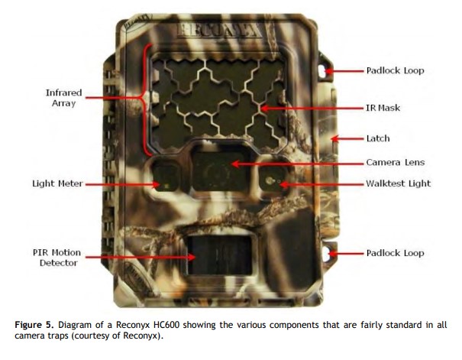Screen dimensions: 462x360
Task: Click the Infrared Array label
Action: coord(63,98)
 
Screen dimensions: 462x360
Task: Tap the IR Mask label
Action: coord(383,108)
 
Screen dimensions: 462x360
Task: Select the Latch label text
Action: coord(378,138)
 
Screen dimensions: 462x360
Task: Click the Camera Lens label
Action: coord(395,162)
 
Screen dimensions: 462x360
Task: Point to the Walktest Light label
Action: coord(398,183)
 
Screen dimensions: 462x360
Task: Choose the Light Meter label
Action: coord(57,183)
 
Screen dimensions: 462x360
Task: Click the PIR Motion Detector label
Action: coord(57,258)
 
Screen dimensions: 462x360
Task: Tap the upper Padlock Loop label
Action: coord(395,70)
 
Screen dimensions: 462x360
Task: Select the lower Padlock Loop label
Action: coord(395,253)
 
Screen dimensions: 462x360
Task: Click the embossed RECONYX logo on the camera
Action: coord(219,31)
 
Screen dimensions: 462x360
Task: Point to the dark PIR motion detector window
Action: coord(219,255)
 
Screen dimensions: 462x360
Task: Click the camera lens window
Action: coord(219,172)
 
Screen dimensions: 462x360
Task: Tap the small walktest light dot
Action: coord(269,180)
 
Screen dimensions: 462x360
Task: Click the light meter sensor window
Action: coord(166,177)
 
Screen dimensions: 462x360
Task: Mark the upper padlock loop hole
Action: coord(322,71)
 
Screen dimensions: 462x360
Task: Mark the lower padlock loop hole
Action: coord(326,254)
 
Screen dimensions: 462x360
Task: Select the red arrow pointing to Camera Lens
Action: coord(297,164)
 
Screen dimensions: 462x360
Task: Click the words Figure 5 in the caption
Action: coord(34,325)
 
